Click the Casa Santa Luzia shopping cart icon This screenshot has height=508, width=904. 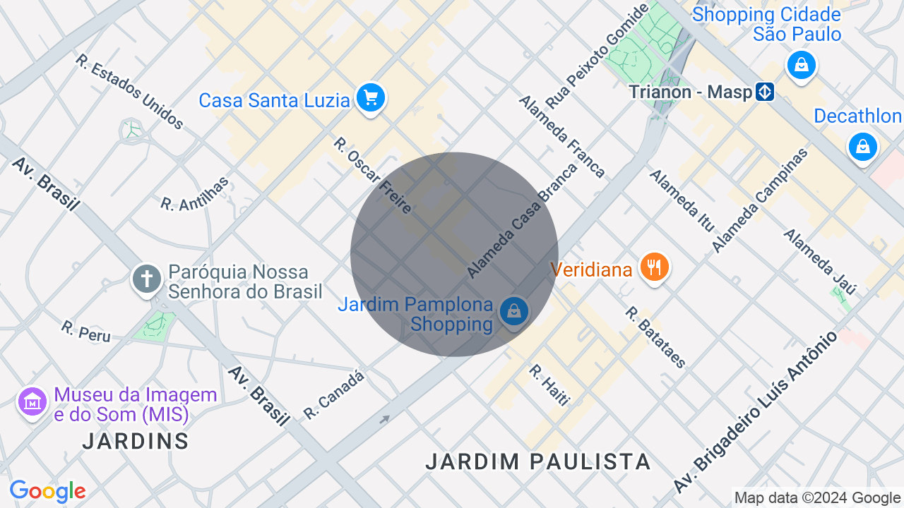371,97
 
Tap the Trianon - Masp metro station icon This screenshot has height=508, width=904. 764,92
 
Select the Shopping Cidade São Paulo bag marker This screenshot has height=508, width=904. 801,66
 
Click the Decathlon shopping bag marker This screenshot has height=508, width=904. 862,147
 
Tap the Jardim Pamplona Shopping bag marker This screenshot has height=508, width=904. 513,311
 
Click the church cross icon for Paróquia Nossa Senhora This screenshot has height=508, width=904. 147,278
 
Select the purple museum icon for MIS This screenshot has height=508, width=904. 32,402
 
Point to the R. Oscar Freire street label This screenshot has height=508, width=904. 373,175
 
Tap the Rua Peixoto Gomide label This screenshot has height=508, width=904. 597,56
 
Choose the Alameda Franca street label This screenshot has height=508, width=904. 561,135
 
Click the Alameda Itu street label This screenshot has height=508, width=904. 682,200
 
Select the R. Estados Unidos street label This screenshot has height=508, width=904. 130,92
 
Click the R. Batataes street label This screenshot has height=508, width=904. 655,337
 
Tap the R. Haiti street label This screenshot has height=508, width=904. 549,385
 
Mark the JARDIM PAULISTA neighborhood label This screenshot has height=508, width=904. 537,461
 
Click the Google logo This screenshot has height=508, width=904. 47,491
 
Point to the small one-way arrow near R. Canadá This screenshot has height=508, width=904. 384,420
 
